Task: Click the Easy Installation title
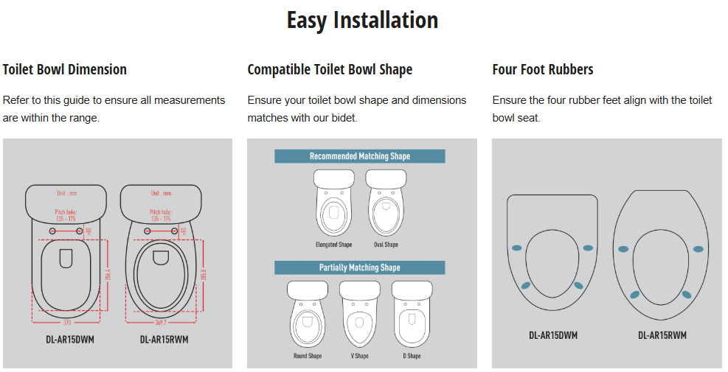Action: click(x=362, y=20)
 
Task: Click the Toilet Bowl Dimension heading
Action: click(x=65, y=70)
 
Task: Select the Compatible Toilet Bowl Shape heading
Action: click(x=330, y=70)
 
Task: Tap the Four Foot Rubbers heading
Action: click(x=543, y=70)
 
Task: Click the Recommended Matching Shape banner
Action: click(x=360, y=156)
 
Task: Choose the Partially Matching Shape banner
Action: click(x=360, y=267)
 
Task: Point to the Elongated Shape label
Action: click(x=334, y=245)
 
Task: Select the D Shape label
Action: click(x=412, y=356)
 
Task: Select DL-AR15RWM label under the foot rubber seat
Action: click(x=662, y=335)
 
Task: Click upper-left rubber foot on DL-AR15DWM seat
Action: click(x=516, y=248)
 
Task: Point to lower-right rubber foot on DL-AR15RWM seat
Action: click(x=687, y=295)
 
